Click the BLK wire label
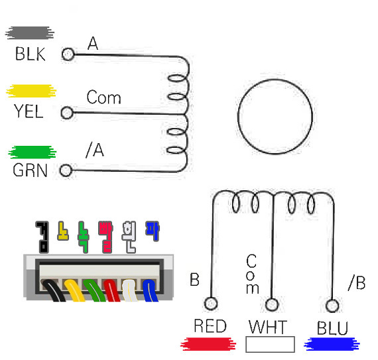[30, 54]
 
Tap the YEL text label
[29, 111]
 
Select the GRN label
[30, 170]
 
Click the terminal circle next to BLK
[68, 54]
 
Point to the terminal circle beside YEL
[67, 113]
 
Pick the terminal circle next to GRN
[66, 170]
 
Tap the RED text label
[210, 326]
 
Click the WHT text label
[268, 327]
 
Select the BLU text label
[333, 328]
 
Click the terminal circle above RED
[211, 304]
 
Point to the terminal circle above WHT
[272, 304]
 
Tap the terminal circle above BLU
[332, 306]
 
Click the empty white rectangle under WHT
[271, 344]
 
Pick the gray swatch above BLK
[30, 32]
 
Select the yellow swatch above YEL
[31, 91]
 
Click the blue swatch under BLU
[332, 344]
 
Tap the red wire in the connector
[111, 290]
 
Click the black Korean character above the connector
[42, 237]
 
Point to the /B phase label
[357, 282]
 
